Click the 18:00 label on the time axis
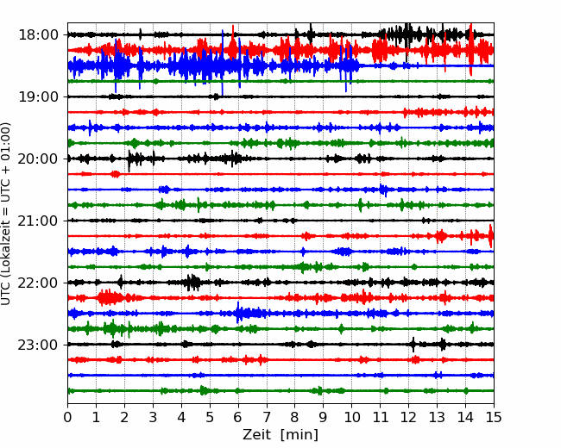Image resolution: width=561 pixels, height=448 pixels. (x=38, y=35)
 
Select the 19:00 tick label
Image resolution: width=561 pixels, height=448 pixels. (x=38, y=96)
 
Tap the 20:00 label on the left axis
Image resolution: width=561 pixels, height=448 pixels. (x=38, y=159)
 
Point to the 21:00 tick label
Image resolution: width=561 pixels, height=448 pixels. (x=38, y=221)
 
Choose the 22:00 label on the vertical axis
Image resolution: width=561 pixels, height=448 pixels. (x=38, y=283)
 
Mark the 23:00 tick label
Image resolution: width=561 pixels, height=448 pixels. (x=38, y=345)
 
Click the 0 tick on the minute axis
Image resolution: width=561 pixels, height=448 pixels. (x=67, y=417)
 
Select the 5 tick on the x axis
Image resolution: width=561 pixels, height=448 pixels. (x=210, y=417)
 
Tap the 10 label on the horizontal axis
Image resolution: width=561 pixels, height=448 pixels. (x=351, y=417)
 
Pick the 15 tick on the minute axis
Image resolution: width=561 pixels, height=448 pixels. (x=494, y=417)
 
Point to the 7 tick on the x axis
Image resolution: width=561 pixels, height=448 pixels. (x=267, y=417)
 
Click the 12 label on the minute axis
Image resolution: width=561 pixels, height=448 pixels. (x=408, y=417)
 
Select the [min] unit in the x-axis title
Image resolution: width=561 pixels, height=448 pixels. (x=299, y=435)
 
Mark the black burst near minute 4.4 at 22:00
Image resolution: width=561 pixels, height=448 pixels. (x=193, y=283)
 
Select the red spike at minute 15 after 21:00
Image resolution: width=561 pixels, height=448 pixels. (x=491, y=236)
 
